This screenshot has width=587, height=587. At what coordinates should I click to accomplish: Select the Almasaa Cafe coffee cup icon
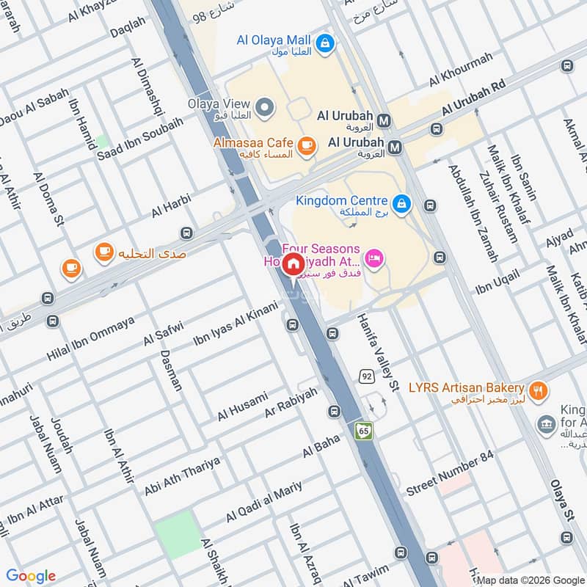307,145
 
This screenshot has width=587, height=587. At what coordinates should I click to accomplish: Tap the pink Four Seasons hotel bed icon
374,260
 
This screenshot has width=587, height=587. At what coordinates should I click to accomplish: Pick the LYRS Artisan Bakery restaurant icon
539,391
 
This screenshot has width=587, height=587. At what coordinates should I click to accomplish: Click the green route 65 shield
364,431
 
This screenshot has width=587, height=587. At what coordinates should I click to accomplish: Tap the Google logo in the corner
31,576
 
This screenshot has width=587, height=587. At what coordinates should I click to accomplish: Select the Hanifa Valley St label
378,351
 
